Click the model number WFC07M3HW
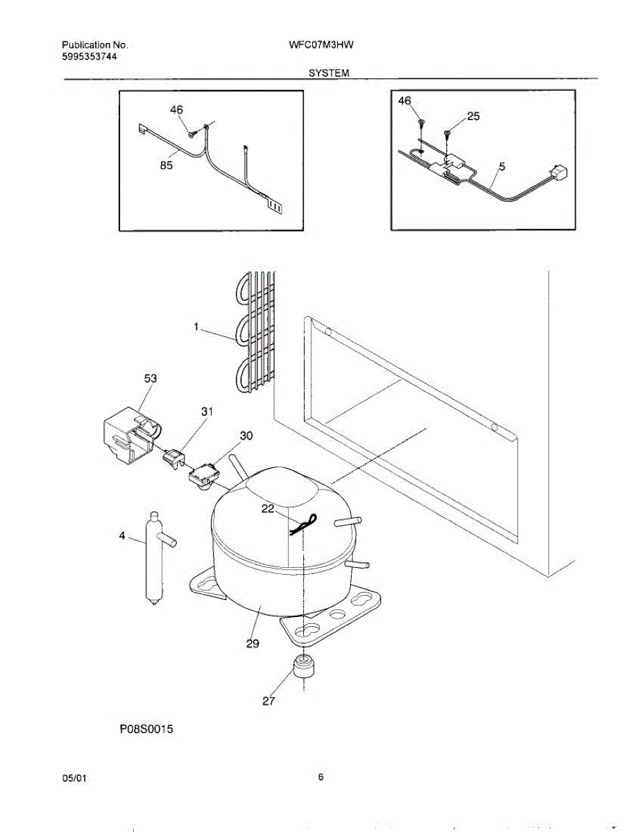tap(322, 46)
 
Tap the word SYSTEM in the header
tap(329, 73)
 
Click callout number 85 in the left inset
tap(166, 165)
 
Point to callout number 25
tap(473, 116)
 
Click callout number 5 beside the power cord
tap(501, 166)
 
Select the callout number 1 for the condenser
tap(196, 326)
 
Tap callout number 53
tap(151, 379)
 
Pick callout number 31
tap(207, 411)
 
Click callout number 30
tap(246, 435)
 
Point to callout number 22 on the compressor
tap(268, 509)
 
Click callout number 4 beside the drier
tap(123, 536)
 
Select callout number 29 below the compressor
tap(252, 643)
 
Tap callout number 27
tap(269, 701)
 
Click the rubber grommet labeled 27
tap(302, 666)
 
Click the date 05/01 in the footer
tap(75, 778)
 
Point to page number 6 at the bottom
tap(321, 777)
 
